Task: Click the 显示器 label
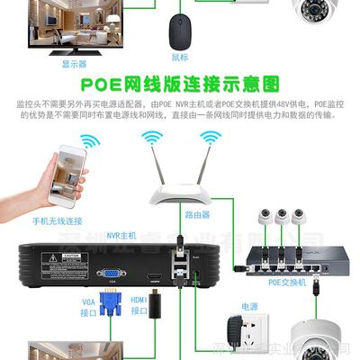74,64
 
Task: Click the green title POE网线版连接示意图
179,85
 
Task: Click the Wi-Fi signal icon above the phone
89,143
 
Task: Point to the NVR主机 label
121,235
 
